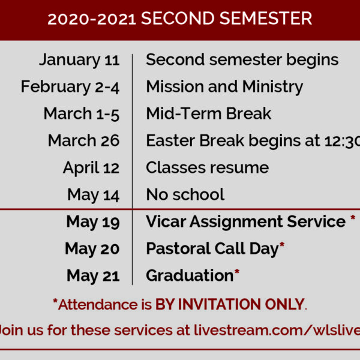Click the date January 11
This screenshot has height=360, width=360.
point(79,61)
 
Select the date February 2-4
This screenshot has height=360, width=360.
point(70,87)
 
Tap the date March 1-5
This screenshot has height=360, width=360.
point(82,114)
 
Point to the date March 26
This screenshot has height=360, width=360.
point(84,140)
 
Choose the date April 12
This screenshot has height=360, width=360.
point(91,168)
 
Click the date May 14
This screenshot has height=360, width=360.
point(94,195)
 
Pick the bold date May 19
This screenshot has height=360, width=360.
point(93,222)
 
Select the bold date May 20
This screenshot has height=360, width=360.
point(92,249)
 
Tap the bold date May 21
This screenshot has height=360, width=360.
point(93,276)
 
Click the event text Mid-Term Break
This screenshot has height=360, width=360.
point(209,113)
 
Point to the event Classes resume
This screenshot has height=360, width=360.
point(208,167)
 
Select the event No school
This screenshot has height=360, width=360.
point(185,194)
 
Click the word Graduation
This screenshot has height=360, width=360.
point(190,275)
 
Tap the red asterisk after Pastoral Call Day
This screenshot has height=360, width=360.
point(282,245)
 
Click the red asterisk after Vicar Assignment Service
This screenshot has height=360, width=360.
point(353,218)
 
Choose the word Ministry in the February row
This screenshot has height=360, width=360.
point(273,87)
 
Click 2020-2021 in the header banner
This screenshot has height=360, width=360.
point(92,19)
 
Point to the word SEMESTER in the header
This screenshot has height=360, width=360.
point(266,19)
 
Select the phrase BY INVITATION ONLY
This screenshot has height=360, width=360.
point(230,304)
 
